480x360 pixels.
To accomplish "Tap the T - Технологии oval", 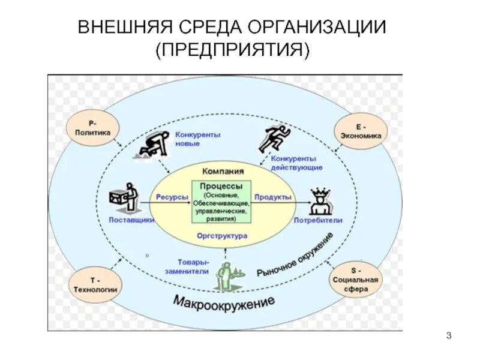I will tap(95, 284).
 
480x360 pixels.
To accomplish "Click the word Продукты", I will tap(272, 197).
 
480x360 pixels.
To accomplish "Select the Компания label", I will tap(223, 171).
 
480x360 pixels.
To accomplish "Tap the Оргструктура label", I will tap(221, 236).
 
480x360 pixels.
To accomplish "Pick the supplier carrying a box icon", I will tap(125, 198).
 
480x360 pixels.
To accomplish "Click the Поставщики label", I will tap(131, 220).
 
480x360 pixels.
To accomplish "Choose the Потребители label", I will tap(318, 220).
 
